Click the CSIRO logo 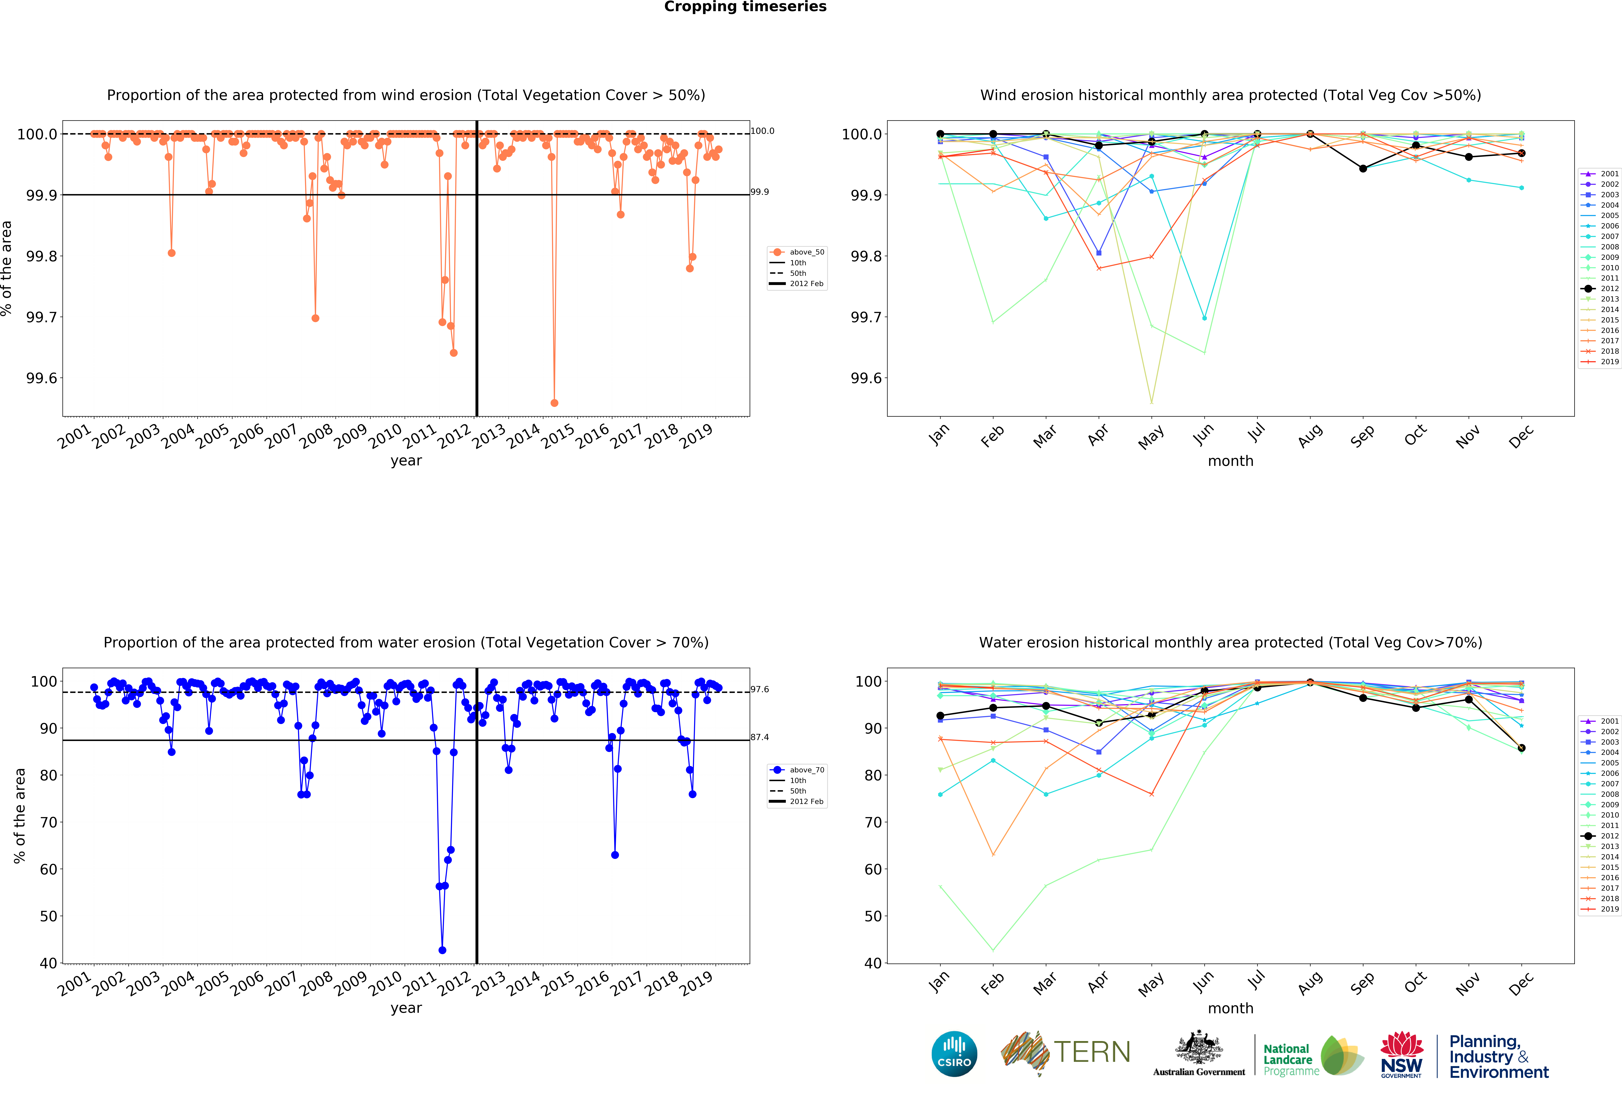pyautogui.click(x=954, y=1053)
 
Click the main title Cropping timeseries pyautogui.click(x=745, y=7)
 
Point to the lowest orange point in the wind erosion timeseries pyautogui.click(x=554, y=403)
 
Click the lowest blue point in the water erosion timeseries pyautogui.click(x=442, y=950)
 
